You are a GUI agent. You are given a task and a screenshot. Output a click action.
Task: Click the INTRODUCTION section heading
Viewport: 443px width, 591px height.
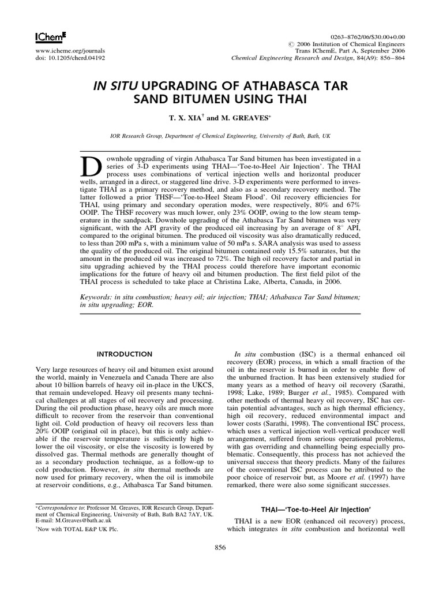click(125, 354)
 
